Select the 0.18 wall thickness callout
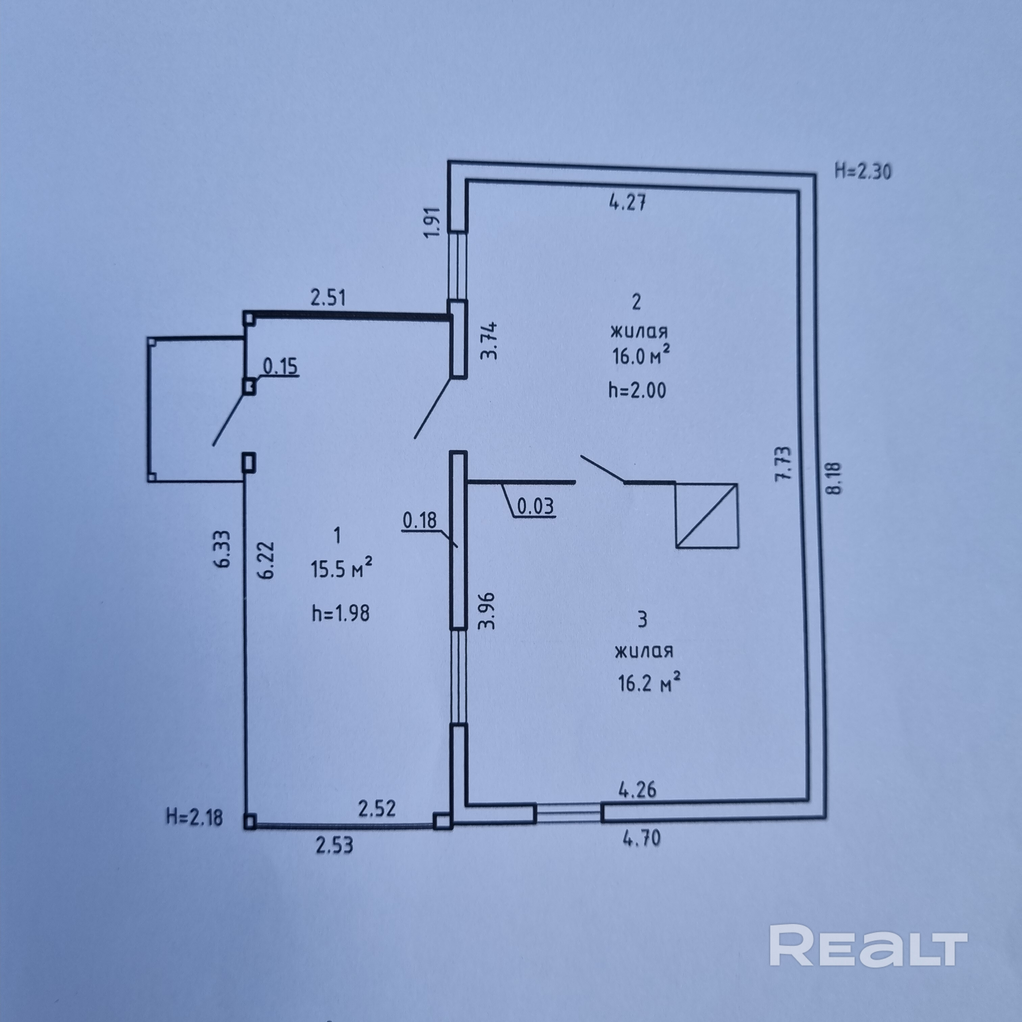tap(420, 520)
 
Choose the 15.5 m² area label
tap(341, 569)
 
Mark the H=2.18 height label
tap(194, 817)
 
